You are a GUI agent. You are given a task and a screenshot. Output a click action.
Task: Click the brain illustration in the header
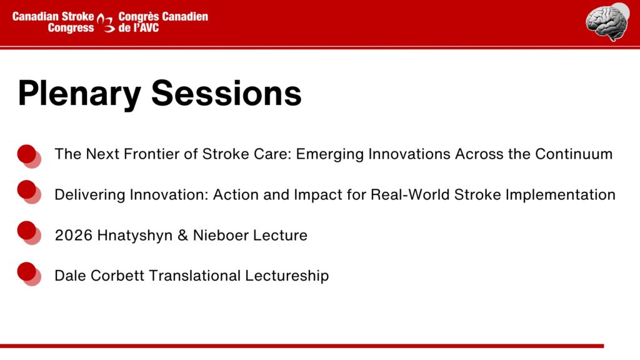[x=607, y=22]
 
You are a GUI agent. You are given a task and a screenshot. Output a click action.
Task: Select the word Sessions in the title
[x=226, y=94]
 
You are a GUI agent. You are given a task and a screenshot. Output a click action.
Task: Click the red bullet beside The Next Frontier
[x=29, y=156]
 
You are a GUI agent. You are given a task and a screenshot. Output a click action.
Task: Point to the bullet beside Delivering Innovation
[x=29, y=192]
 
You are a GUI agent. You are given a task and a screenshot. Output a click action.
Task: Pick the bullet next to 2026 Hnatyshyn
[x=29, y=232]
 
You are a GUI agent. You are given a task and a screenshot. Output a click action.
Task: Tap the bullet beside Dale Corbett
[x=29, y=274]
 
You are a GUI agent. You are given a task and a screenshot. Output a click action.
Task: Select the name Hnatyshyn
[x=135, y=236]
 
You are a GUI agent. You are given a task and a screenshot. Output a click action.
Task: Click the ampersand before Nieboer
[x=182, y=235]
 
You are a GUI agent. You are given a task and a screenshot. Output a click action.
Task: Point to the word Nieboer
[x=221, y=235]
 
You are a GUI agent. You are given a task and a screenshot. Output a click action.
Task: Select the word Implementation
[x=561, y=196]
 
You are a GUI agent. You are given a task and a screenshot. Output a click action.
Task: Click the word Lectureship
[x=287, y=276]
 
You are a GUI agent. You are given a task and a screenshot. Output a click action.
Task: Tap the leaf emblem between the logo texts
[x=106, y=23]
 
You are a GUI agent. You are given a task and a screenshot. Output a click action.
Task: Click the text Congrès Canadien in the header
[x=163, y=17]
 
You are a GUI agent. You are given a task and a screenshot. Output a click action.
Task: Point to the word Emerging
[x=330, y=155]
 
